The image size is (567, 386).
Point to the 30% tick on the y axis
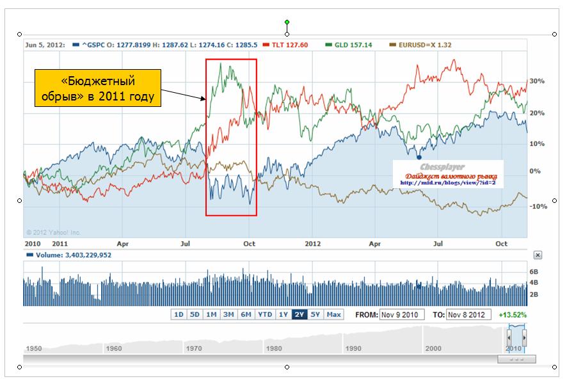point(536,82)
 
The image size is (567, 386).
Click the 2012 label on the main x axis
point(312,244)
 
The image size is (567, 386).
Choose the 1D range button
point(179,314)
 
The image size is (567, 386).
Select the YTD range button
point(265,314)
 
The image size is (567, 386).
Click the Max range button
point(333,314)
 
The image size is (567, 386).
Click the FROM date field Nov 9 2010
point(401,314)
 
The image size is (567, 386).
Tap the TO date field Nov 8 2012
point(469,314)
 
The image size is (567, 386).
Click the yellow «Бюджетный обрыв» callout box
point(97,90)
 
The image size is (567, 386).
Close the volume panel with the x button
point(538,255)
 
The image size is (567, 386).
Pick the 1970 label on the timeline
point(193,348)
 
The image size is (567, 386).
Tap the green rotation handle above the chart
point(287,22)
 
